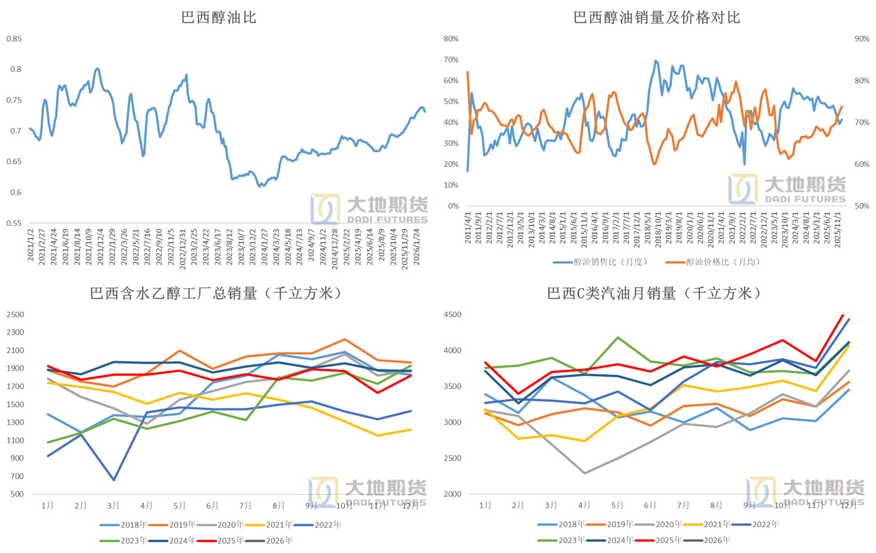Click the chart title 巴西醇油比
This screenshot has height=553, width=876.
tap(219, 18)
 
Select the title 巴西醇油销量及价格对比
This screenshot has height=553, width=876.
tap(656, 18)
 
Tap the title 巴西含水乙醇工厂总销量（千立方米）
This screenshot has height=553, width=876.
tap(216, 293)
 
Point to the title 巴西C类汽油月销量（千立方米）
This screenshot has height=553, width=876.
tap(654, 293)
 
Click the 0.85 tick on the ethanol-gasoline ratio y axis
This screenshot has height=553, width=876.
tap(14, 39)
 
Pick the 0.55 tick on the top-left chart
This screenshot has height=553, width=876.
tap(14, 223)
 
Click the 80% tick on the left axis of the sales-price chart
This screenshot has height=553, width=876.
tap(451, 39)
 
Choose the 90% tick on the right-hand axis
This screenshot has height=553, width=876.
tap(861, 39)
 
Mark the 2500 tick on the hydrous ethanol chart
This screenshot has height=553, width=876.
tap(15, 315)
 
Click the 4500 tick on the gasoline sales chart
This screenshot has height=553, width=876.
tap(452, 315)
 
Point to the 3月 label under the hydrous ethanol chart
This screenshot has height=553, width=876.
tap(113, 505)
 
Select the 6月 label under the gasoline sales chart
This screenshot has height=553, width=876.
tap(650, 505)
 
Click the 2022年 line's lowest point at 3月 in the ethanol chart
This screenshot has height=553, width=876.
tap(113, 480)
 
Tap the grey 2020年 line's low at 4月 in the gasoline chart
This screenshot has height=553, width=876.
tap(584, 473)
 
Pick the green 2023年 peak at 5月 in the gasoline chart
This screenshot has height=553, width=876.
tap(617, 338)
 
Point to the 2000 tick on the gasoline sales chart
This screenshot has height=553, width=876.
tap(452, 494)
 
